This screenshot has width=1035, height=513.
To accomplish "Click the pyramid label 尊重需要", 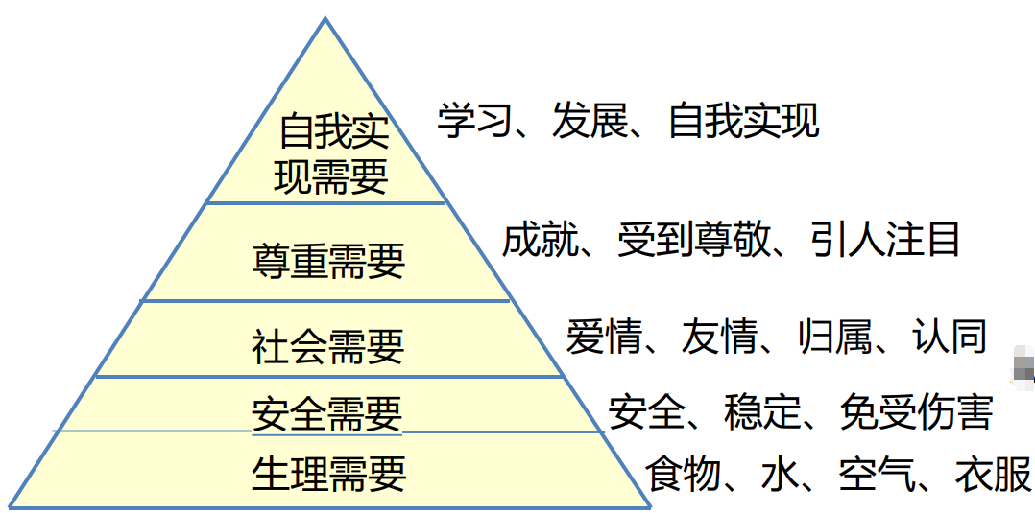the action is pos(328,261).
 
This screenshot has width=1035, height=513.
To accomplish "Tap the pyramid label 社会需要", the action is pos(328,344).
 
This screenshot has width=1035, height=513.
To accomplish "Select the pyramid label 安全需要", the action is pos(327,414).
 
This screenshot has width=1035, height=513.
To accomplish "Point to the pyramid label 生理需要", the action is pos(328,474).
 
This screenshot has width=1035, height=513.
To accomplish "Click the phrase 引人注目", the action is pos(884,240).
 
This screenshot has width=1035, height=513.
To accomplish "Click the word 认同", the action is pos(949,337).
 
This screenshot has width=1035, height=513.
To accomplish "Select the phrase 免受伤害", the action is pos(915,412).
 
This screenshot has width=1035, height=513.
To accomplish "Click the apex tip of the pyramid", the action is pos(326,18).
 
